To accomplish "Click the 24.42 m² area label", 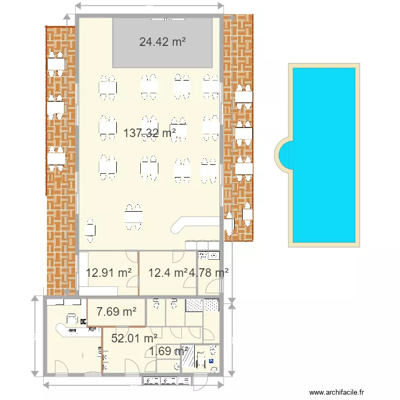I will [x=162, y=42].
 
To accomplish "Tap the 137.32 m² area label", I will [x=150, y=133].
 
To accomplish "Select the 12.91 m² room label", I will [x=108, y=273].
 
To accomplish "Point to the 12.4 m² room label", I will [x=167, y=273].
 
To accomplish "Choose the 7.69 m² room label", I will [x=116, y=311].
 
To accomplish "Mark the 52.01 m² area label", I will [x=133, y=338].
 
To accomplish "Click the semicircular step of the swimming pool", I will [x=284, y=155].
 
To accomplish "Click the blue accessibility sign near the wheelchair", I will [x=211, y=361].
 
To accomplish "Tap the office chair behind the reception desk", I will [x=71, y=319].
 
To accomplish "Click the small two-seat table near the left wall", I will [x=91, y=228].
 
